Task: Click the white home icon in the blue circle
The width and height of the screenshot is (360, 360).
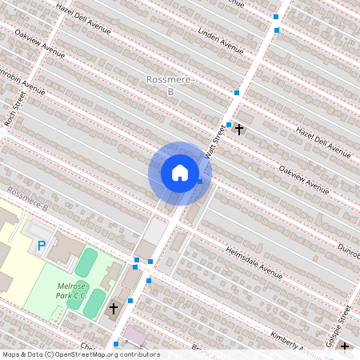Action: click(x=180, y=172)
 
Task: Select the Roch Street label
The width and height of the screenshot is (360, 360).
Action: click(x=14, y=109)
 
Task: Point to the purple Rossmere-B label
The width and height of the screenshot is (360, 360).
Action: click(x=27, y=199)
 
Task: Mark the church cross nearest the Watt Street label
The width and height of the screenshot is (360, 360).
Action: click(x=239, y=128)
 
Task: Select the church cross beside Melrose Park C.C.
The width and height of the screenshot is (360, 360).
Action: click(x=114, y=308)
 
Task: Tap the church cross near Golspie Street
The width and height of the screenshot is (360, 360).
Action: click(x=345, y=346)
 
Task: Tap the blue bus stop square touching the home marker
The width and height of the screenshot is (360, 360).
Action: click(x=200, y=182)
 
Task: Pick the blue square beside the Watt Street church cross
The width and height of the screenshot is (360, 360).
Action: click(x=229, y=125)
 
